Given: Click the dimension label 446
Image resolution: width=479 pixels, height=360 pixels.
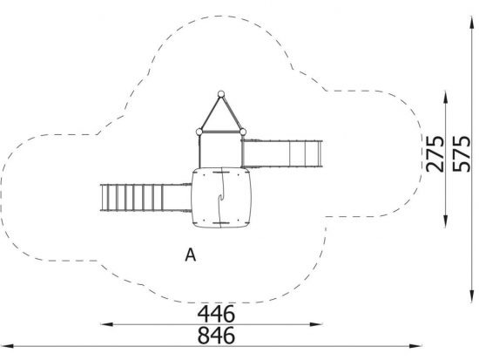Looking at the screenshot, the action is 216,314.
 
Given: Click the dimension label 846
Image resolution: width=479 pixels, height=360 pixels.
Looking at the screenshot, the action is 216,336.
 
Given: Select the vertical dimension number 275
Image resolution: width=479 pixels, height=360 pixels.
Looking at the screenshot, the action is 435,153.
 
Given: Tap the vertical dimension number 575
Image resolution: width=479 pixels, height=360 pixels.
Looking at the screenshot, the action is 462,153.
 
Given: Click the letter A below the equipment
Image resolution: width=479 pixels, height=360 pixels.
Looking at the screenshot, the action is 191,255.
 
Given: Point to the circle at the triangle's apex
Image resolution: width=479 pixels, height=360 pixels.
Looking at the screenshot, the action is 221,94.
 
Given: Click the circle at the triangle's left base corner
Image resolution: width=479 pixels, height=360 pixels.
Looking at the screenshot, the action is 199,132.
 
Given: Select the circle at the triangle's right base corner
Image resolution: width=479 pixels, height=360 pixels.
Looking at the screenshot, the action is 243,132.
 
